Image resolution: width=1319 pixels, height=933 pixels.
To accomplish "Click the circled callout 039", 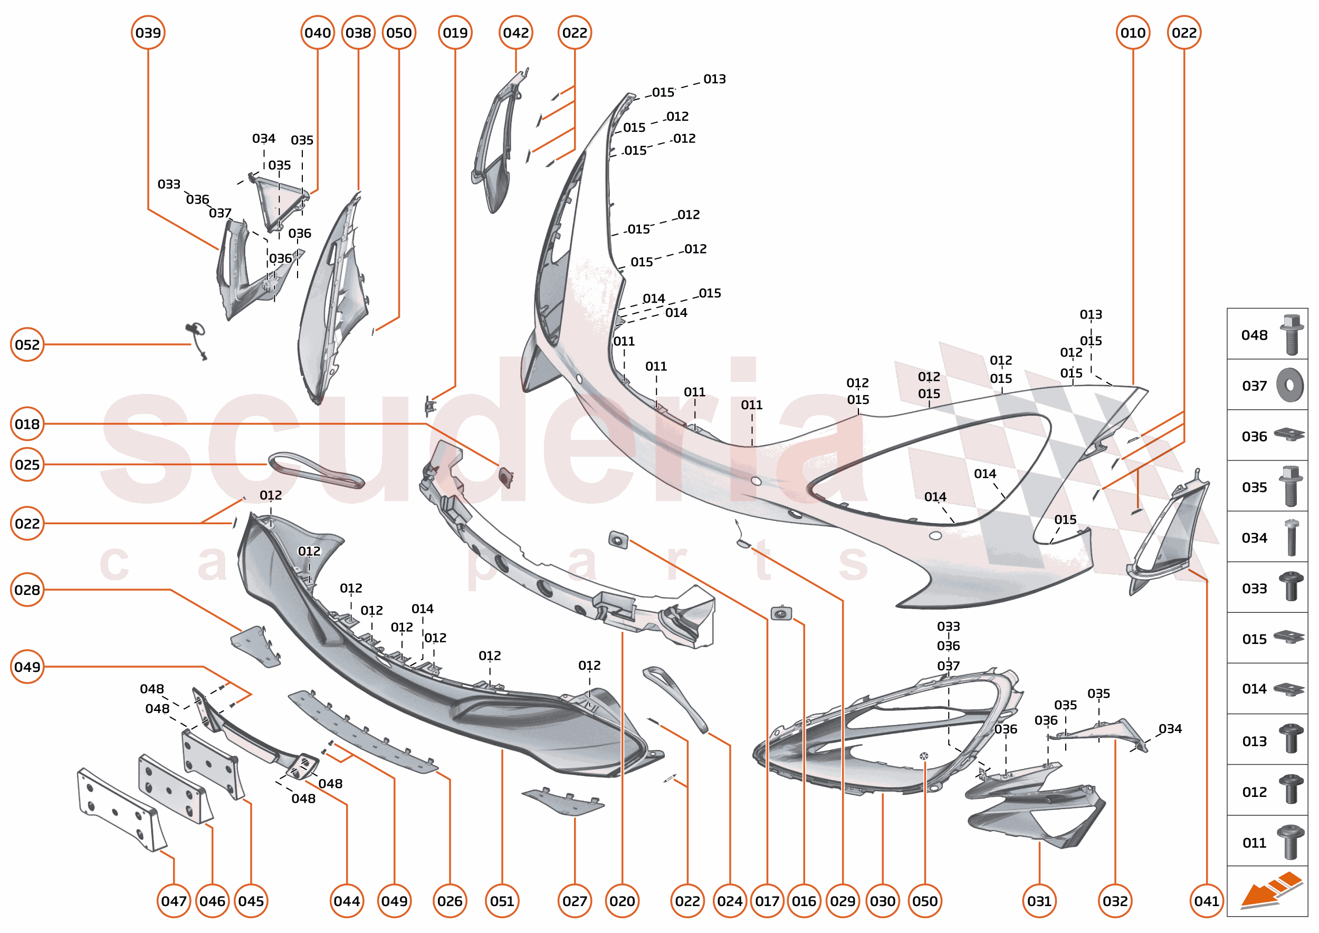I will (148, 33).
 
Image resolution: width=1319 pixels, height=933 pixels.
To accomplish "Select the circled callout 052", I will (27, 345).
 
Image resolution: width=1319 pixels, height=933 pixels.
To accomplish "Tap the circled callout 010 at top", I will (1133, 33).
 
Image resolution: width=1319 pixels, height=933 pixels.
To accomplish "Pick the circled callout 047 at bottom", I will (174, 901).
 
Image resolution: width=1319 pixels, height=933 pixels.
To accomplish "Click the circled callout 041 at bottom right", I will (1206, 901).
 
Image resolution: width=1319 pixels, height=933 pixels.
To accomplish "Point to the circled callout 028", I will (27, 590).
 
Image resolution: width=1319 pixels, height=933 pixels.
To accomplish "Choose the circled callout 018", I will (27, 424).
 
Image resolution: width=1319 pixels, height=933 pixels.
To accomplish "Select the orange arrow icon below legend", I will (1270, 890).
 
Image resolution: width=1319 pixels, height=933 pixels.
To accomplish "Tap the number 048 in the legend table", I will (1254, 335).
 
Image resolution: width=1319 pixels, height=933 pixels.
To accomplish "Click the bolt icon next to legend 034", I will (1291, 537).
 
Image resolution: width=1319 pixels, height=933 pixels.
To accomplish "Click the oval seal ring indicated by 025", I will (316, 470).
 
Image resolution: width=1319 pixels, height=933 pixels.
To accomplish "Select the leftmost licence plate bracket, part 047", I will (121, 810).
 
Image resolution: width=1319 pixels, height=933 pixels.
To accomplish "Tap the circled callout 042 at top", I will (515, 33).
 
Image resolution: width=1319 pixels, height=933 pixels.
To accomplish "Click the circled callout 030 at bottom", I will (882, 901).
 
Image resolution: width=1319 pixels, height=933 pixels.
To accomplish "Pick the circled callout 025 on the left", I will (27, 464).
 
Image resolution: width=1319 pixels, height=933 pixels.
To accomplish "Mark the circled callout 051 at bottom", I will (502, 901).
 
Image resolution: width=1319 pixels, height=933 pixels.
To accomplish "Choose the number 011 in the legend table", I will (1254, 843).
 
